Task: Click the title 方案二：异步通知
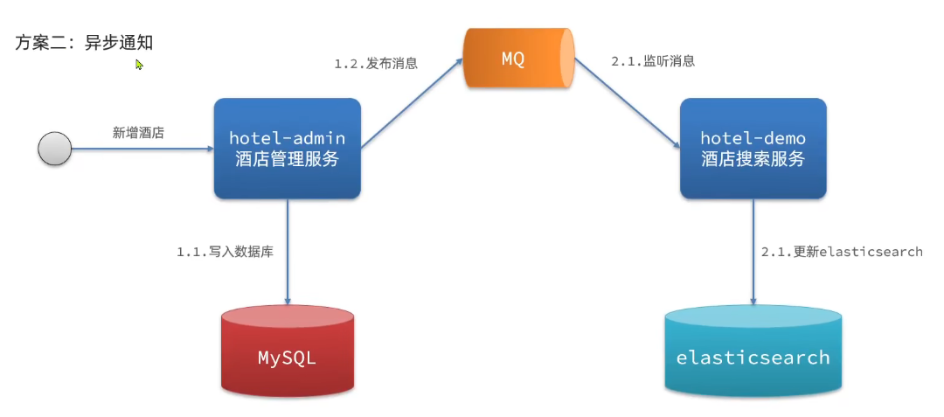point(85,42)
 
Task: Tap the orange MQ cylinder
point(517,59)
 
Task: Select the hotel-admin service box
point(287,148)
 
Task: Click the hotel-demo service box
point(753,148)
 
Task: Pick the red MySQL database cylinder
point(287,349)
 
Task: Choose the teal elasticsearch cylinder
point(753,349)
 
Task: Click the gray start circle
point(54,149)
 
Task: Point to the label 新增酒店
point(138,133)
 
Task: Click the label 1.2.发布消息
point(376,64)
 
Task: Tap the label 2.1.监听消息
point(653,61)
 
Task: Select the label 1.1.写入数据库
point(225,252)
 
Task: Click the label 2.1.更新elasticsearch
point(841,252)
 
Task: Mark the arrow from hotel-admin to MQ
point(411,103)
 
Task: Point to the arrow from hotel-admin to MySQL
point(287,254)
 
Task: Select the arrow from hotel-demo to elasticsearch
point(753,254)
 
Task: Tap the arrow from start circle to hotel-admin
point(140,149)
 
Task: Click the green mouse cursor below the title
point(139,64)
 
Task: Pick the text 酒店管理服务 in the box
point(287,159)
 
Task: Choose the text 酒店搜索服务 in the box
point(753,159)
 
